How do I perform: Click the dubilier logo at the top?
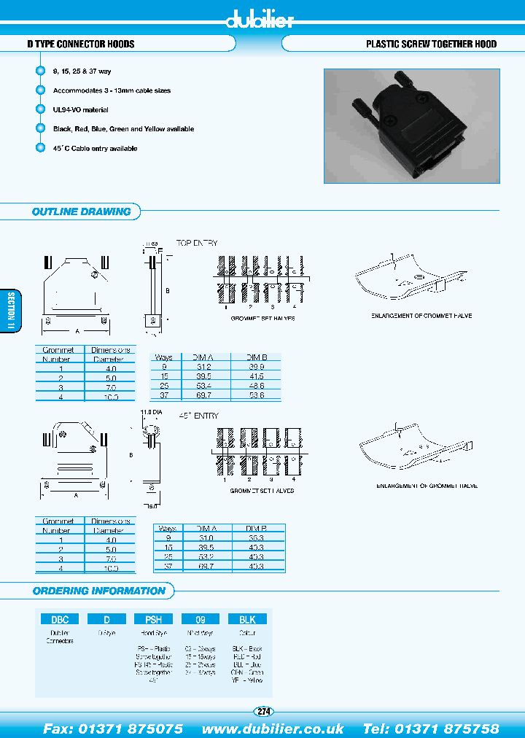click(x=260, y=19)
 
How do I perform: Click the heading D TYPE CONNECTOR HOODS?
click(x=80, y=44)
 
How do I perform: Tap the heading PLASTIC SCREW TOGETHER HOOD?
click(x=431, y=44)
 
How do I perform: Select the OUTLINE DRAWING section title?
click(x=81, y=211)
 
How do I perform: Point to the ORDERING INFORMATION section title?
click(x=98, y=591)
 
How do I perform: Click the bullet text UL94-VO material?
click(x=80, y=109)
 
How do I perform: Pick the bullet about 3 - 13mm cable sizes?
click(x=112, y=90)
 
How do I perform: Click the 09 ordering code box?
click(x=200, y=618)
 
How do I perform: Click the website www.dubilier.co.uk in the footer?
click(x=273, y=729)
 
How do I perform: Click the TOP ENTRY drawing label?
click(x=196, y=243)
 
